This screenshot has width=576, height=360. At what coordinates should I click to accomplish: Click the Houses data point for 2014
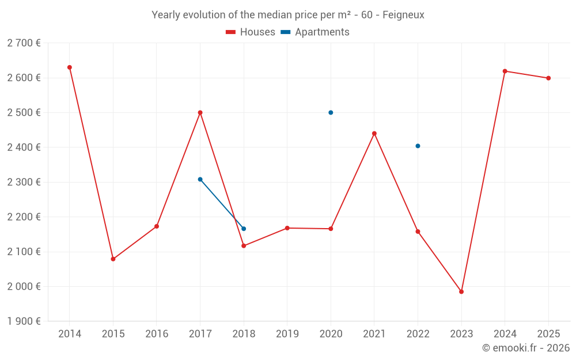(70, 67)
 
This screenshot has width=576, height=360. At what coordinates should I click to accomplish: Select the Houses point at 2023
(461, 291)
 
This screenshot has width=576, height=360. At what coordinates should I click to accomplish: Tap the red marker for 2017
(200, 112)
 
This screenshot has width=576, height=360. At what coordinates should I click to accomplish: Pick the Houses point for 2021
(374, 134)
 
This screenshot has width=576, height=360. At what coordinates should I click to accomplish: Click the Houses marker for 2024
(505, 71)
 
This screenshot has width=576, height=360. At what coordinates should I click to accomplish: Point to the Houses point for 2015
(113, 259)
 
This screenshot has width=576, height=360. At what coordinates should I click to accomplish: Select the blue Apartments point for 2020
(331, 112)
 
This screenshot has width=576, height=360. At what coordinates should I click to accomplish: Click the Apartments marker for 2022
(418, 146)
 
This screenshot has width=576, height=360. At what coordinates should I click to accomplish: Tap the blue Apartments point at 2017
(200, 179)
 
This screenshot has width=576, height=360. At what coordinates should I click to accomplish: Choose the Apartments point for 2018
(244, 229)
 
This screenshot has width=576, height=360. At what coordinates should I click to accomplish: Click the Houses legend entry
(251, 32)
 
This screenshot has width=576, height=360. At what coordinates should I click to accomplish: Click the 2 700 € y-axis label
(24, 43)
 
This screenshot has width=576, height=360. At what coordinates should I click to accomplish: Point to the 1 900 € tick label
(24, 321)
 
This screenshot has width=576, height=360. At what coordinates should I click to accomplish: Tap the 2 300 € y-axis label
(24, 182)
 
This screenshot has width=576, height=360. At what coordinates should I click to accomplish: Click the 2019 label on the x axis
(287, 334)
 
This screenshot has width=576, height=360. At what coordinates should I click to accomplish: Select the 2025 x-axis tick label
(548, 334)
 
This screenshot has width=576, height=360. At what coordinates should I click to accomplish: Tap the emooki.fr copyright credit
(525, 348)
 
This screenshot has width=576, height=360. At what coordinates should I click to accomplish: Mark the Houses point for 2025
(548, 78)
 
